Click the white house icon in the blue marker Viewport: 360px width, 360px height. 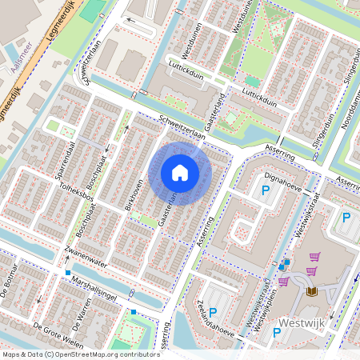pos(180,173)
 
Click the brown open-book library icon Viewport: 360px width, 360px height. pos(310,291)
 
